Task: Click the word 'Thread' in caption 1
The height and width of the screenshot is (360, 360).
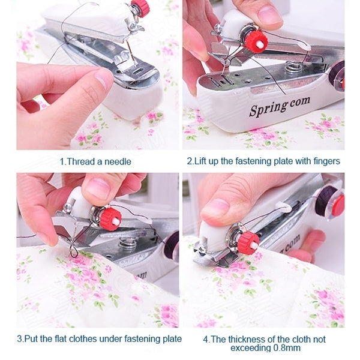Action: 80,161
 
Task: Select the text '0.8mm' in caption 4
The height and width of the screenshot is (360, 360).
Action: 288,348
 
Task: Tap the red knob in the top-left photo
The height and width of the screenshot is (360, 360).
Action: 141,8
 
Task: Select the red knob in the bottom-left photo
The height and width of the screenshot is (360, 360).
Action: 110,218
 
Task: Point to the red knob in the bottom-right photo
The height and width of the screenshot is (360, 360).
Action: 248,242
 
